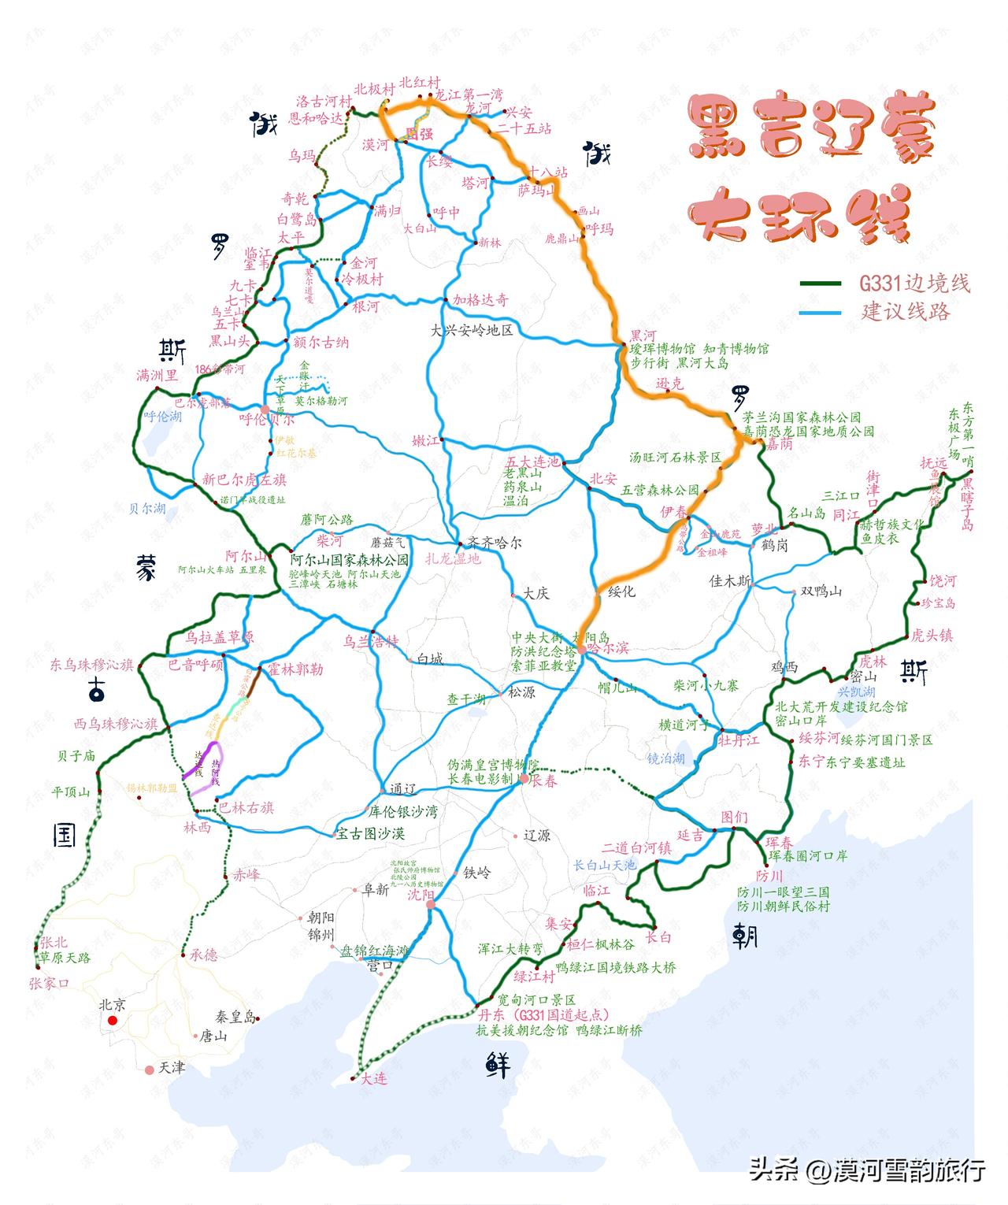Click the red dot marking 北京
click(113, 1021)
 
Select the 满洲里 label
click(157, 376)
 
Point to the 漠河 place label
click(376, 145)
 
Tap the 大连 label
click(374, 1078)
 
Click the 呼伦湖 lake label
click(163, 417)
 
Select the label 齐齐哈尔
click(495, 543)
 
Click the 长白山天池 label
click(604, 865)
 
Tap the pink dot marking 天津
click(150, 1070)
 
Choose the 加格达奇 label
click(480, 300)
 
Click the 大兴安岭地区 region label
click(472, 330)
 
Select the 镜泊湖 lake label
click(666, 758)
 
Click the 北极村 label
click(374, 90)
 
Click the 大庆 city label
click(536, 593)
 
